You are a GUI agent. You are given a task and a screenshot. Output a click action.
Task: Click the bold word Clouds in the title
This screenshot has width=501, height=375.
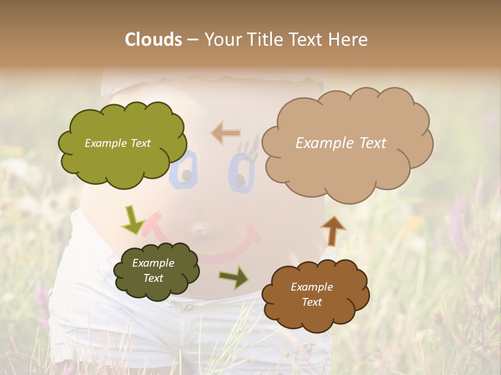tap(153, 40)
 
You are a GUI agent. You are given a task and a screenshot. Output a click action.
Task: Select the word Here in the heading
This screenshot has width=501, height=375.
tap(349, 40)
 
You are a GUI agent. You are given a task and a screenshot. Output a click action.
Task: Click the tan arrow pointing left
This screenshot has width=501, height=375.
tap(225, 133)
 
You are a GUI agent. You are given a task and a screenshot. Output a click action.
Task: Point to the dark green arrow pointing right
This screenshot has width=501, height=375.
tap(234, 277)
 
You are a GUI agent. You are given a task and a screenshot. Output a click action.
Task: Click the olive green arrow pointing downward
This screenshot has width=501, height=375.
tap(133, 221)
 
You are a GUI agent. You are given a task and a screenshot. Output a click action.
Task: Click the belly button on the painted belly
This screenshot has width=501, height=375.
tap(200, 229)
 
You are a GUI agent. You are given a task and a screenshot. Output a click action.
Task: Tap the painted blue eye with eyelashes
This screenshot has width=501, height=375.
tap(241, 167)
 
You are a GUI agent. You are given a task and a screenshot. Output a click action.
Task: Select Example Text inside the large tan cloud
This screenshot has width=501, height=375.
tap(341, 143)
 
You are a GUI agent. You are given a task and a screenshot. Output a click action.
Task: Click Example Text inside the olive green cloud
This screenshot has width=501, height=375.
tap(117, 143)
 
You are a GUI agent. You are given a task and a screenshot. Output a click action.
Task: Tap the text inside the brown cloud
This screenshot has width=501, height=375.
tap(312, 294)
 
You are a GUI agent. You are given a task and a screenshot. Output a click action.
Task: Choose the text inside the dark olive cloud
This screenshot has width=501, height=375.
tap(153, 271)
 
